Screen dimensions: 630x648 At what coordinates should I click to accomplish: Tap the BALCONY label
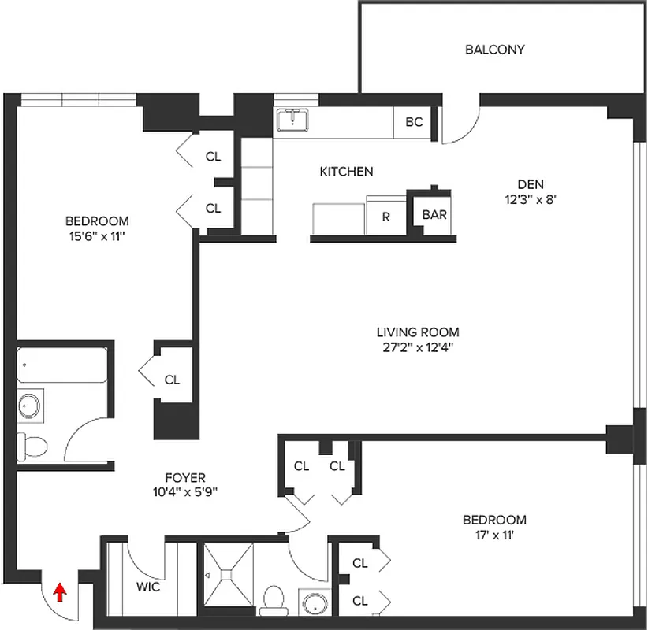point(494,50)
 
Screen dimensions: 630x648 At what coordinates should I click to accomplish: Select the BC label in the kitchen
point(414,122)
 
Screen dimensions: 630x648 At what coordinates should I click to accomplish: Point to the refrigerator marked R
point(385,217)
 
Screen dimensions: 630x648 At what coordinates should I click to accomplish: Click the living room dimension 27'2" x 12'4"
point(417,347)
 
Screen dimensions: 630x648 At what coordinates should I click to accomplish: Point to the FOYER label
point(185,478)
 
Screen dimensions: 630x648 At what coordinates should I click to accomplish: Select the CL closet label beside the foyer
point(172,380)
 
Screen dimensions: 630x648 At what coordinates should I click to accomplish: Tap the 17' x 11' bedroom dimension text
point(494,535)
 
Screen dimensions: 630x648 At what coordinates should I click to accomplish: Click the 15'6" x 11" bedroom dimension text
point(97,235)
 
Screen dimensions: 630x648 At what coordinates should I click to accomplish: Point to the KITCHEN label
point(346,171)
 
